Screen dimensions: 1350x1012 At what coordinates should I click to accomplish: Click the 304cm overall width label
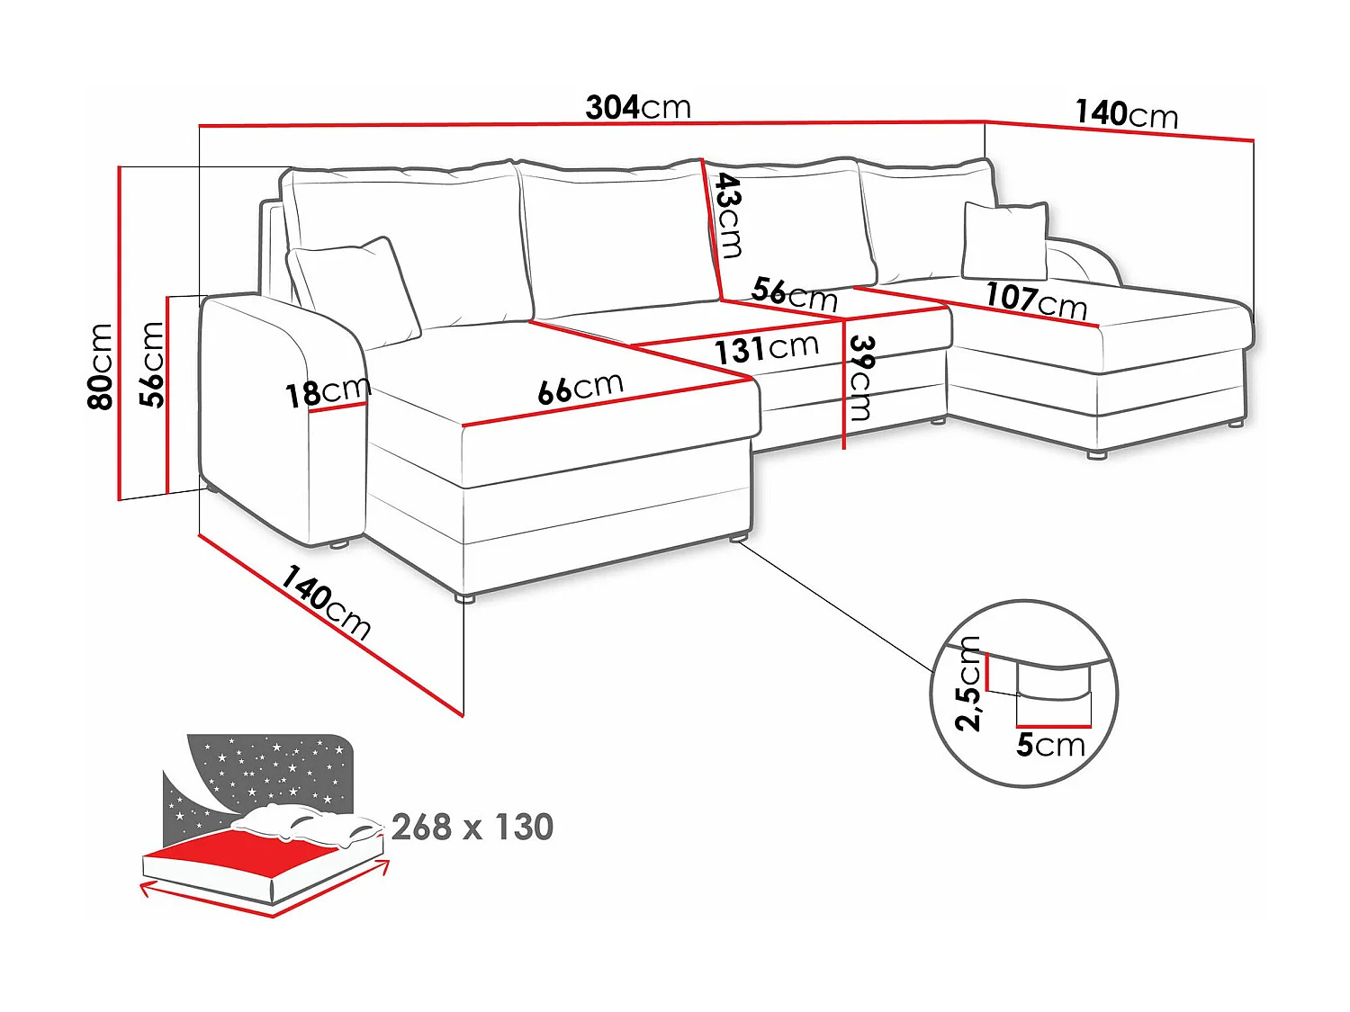click(638, 108)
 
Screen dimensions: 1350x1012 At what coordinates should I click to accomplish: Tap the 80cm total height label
click(100, 366)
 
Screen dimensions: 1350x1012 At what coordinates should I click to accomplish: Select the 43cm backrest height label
click(729, 215)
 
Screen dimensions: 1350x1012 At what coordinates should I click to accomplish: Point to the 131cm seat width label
click(766, 349)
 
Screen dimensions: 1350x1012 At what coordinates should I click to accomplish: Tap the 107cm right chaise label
click(1036, 301)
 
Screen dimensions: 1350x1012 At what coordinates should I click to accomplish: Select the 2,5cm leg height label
click(967, 684)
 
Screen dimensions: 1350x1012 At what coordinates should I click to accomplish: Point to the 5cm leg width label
click(1050, 745)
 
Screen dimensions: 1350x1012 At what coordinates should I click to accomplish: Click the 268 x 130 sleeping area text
click(472, 827)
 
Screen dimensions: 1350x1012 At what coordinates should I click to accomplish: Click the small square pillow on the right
click(1004, 240)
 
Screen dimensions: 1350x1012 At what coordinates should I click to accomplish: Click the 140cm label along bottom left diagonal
click(326, 603)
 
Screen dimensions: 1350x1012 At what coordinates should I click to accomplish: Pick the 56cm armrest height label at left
click(151, 364)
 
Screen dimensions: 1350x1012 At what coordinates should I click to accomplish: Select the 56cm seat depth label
click(794, 294)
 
